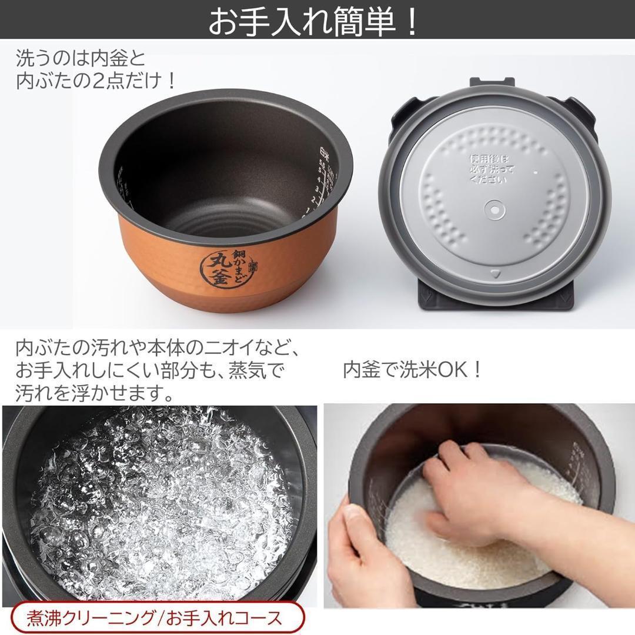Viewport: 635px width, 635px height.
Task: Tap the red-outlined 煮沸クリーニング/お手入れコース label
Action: [x=154, y=618]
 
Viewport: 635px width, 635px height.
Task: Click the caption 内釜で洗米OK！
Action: [x=413, y=370]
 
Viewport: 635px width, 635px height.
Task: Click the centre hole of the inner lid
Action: [x=493, y=208]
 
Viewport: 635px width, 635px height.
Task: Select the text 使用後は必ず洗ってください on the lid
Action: [x=490, y=169]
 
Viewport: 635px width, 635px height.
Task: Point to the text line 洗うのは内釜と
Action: [x=81, y=59]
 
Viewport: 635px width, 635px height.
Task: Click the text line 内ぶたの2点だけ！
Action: [x=96, y=81]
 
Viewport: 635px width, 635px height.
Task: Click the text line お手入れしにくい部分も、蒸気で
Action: [x=150, y=370]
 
